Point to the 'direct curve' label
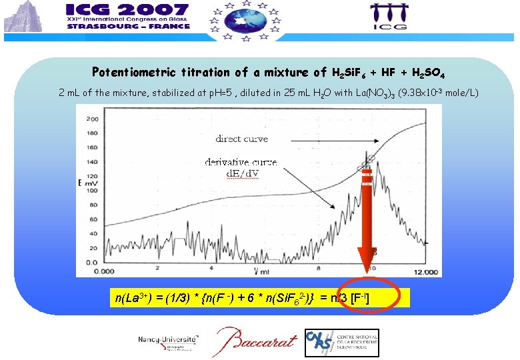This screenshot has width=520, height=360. (x=241, y=139)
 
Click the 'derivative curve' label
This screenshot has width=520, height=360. (x=241, y=162)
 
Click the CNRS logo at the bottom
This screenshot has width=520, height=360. (x=341, y=342)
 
